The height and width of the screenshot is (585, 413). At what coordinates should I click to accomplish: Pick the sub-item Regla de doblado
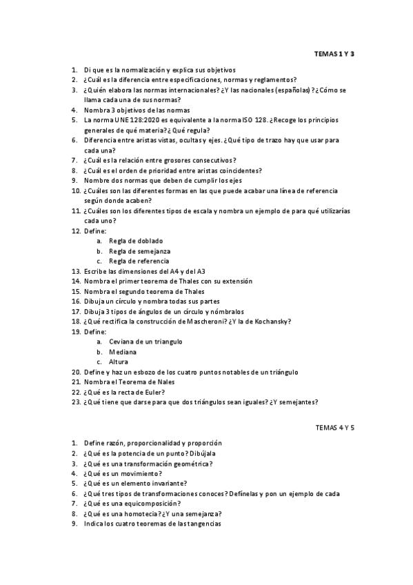coord(136,241)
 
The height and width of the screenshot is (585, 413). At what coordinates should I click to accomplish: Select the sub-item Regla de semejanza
coord(139,251)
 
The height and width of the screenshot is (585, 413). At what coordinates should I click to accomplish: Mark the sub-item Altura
coord(119,361)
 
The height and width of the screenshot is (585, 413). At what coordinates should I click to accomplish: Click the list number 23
coord(76,401)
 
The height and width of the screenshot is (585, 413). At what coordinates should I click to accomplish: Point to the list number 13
coord(76,271)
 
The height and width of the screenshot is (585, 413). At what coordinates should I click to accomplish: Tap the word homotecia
coord(141,514)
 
